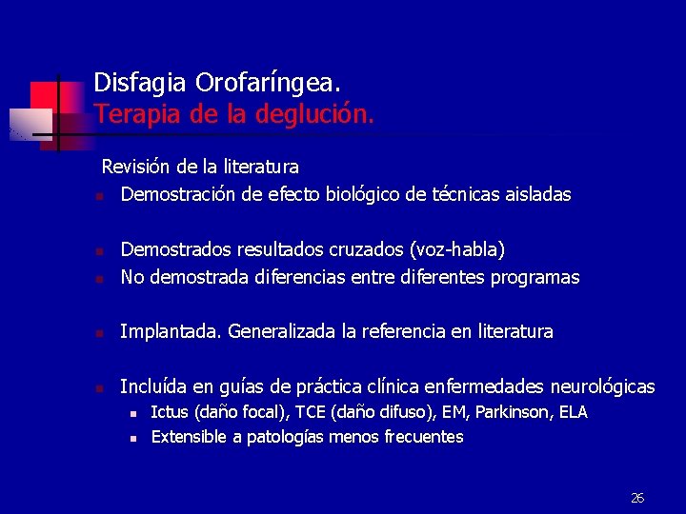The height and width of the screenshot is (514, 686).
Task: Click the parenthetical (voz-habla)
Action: coord(456,250)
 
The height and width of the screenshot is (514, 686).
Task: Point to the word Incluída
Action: coord(153,386)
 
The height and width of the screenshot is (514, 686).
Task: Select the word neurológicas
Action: coord(595,386)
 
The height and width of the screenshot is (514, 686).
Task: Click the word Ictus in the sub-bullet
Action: coord(170,412)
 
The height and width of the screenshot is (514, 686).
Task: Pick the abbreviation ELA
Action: coord(573,412)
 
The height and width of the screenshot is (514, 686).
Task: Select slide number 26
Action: coord(637,498)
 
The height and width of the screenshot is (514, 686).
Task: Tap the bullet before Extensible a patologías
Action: coord(134,439)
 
